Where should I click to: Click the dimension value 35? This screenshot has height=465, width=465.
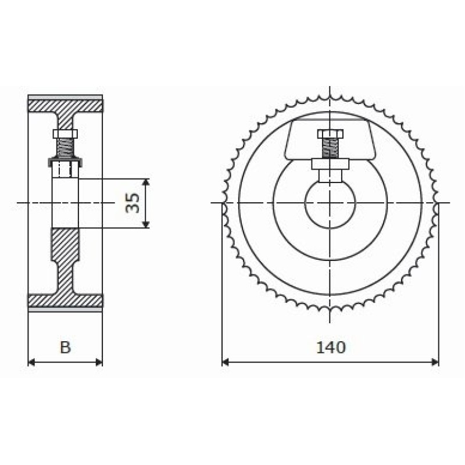[x=133, y=203]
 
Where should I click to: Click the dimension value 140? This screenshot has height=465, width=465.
[x=331, y=348]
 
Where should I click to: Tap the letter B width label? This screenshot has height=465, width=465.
[x=65, y=347]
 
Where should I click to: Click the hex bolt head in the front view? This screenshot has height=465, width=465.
[x=330, y=134]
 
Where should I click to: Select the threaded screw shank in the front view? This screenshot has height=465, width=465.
[x=330, y=149]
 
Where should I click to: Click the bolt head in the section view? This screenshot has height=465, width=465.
[x=65, y=134]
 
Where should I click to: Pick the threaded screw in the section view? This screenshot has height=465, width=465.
[x=65, y=148]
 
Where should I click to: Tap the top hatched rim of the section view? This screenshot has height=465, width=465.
[x=66, y=106]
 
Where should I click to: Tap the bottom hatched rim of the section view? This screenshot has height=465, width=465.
[x=66, y=301]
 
